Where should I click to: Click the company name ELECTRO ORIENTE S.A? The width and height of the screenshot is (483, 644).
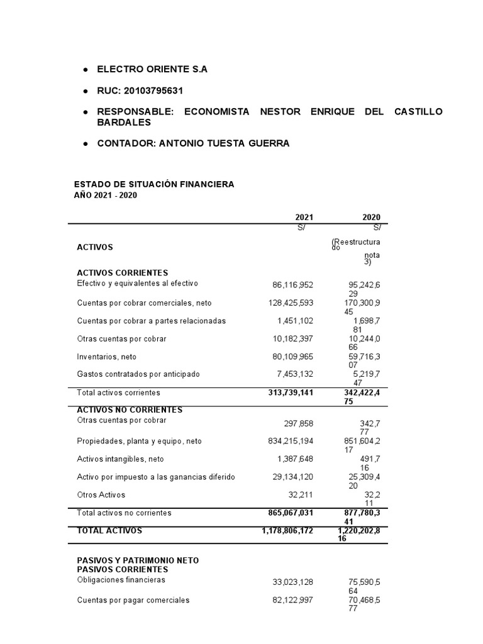(x=152, y=69)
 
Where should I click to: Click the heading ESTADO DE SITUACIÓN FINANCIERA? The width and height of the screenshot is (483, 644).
(x=154, y=184)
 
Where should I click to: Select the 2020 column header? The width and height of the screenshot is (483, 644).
(x=371, y=217)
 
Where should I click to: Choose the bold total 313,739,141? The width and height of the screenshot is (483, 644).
(x=287, y=392)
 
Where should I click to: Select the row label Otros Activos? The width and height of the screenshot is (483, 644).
(x=101, y=495)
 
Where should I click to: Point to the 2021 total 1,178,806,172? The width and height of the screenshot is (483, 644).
(x=287, y=531)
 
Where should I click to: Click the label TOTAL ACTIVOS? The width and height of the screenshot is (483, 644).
(x=109, y=531)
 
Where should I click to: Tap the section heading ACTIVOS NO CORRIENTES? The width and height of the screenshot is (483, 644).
(x=129, y=410)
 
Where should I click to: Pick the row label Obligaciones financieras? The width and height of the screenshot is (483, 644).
(x=121, y=580)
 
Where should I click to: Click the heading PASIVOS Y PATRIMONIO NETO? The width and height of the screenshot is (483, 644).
(x=138, y=560)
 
